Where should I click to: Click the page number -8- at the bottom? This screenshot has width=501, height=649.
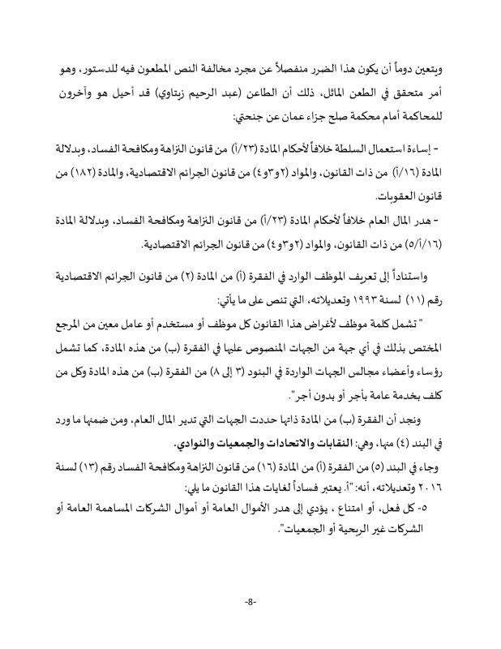[250, 601]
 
